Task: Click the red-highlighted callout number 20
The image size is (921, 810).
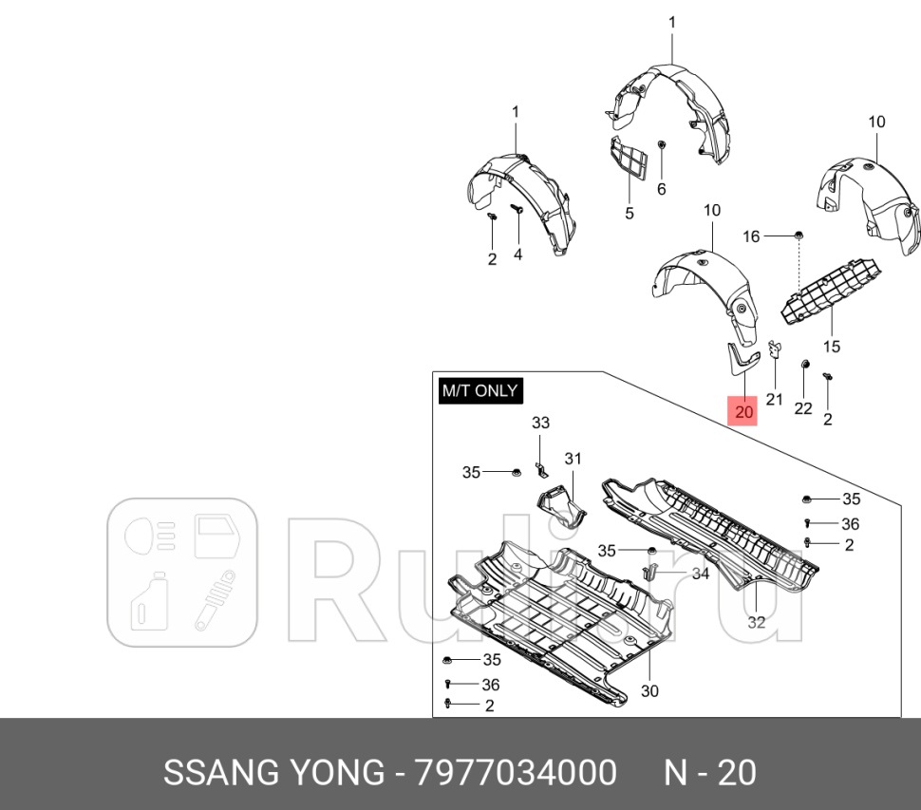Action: point(742,412)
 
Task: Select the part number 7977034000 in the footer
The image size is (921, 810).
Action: point(516,773)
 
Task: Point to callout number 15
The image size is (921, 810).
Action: point(832,347)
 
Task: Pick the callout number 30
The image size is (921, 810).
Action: point(649,690)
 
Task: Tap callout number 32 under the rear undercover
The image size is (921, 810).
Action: point(756,623)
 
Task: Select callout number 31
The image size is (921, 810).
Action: point(572,459)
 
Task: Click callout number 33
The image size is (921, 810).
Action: point(540,423)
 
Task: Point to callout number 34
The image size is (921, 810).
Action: point(700,574)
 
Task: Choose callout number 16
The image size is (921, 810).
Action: point(751,235)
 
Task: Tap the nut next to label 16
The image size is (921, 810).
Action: point(799,234)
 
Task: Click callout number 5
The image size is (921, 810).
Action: point(629,214)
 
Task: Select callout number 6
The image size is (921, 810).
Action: point(662,189)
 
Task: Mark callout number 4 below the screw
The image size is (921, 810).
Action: point(518,254)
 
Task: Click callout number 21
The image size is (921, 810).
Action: point(775,399)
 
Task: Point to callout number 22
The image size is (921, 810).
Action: point(803,407)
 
